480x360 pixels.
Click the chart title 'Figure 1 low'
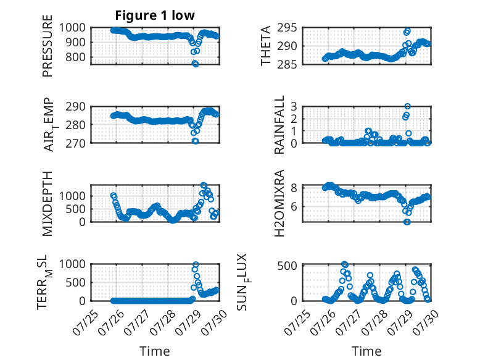pos(155,15)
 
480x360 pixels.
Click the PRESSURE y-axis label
pos(48,46)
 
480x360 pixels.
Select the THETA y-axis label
pos(266,46)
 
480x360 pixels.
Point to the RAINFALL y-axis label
pos(279,125)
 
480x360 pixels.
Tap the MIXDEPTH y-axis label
pos(48,204)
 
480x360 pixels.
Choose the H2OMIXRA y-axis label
pos(279,203)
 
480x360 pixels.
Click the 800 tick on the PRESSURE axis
pos(75,57)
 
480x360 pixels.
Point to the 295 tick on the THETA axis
pos(287,28)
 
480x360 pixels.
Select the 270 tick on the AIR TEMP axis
pos(75,143)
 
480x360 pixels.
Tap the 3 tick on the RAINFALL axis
pos(294,107)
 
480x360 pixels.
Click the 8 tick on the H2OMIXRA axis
pos(294,188)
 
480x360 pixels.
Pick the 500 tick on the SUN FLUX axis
pos(287,266)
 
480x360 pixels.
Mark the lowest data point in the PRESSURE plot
pos(196,64)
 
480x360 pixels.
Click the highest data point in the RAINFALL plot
pos(407,106)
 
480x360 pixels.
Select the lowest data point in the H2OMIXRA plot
pos(407,222)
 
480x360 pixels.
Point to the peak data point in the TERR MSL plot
pos(196,264)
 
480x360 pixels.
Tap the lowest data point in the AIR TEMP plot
pos(196,141)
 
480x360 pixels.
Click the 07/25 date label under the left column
pos(85,322)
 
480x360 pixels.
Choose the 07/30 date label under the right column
pos(426,322)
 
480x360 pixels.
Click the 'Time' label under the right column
pos(366,351)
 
